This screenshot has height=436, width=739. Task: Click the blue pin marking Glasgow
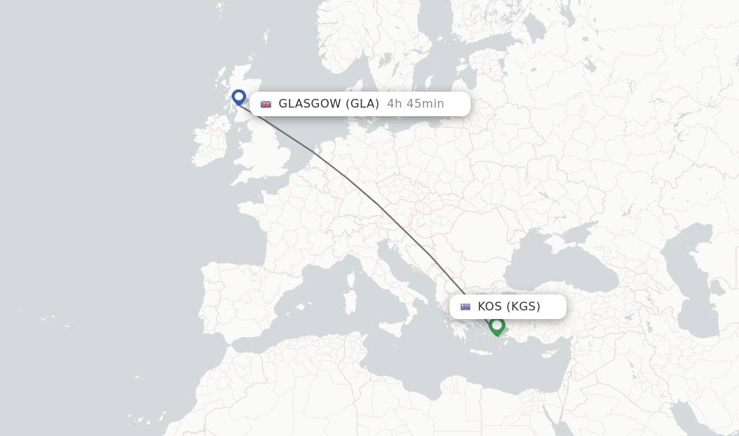click(x=239, y=97)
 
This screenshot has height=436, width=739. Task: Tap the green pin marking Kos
click(x=497, y=326)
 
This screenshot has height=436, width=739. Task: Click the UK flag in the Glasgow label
click(x=266, y=104)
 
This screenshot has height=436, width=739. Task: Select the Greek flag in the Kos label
click(x=465, y=307)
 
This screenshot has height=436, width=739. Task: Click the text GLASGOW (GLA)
click(x=328, y=104)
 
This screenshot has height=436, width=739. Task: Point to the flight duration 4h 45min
click(x=416, y=104)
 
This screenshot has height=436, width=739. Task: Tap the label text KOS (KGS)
click(x=509, y=307)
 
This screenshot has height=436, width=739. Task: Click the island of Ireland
click(x=209, y=144)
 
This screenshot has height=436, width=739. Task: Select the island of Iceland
click(x=108, y=11)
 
